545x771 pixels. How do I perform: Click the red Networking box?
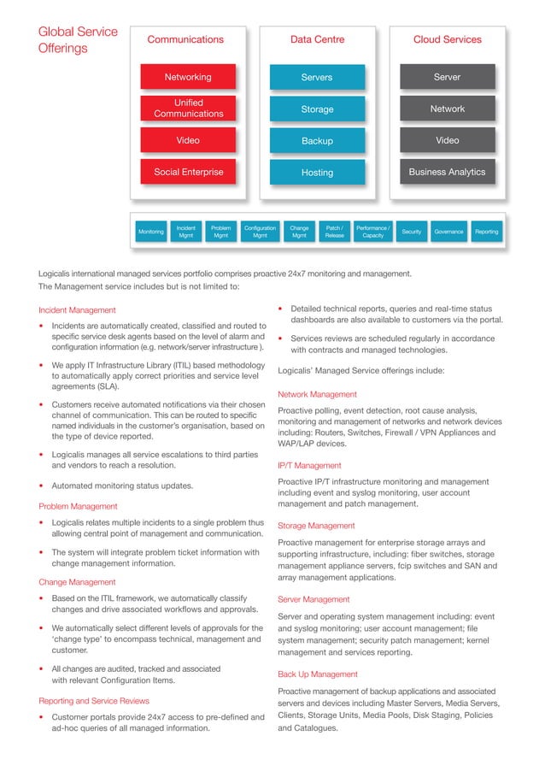click(x=188, y=77)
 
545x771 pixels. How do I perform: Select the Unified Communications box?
click(x=188, y=108)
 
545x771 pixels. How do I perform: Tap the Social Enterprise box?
click(x=188, y=172)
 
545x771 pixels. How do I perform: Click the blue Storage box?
click(x=317, y=109)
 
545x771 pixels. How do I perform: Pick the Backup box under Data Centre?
click(x=317, y=141)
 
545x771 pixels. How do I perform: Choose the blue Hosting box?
click(x=317, y=173)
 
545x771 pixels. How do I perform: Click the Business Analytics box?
click(x=447, y=172)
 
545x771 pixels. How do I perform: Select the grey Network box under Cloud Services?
click(x=447, y=109)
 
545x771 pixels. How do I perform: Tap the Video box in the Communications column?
click(x=188, y=140)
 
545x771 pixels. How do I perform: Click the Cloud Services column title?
click(x=447, y=39)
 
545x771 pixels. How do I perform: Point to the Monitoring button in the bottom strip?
click(x=151, y=232)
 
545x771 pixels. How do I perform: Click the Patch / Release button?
click(x=335, y=232)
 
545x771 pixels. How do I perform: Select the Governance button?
click(x=448, y=232)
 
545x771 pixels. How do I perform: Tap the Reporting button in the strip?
click(x=487, y=232)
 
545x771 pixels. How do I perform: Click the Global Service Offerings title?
click(x=78, y=40)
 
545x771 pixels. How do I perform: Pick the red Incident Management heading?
click(x=78, y=309)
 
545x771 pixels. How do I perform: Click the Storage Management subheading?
click(x=314, y=526)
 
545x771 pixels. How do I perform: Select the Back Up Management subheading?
click(x=318, y=674)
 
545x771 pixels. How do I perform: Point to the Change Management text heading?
click(x=78, y=582)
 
